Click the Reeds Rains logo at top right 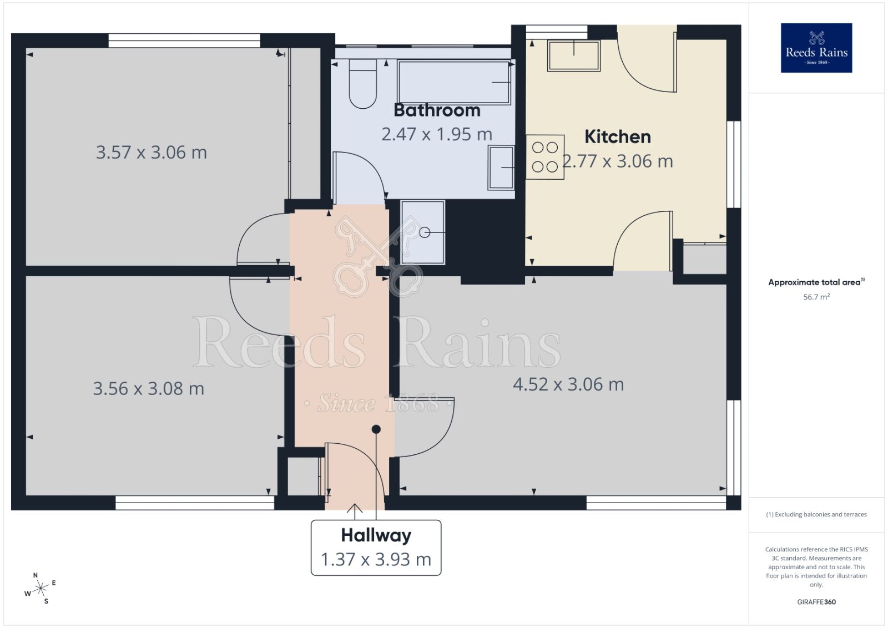(816, 48)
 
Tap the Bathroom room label (437, 110)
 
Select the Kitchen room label (617, 136)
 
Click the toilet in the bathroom (362, 86)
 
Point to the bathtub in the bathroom (454, 83)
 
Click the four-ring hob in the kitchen (544, 157)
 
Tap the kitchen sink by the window (573, 55)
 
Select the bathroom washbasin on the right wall (501, 168)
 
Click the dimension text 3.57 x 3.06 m (151, 153)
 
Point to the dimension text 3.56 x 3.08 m (148, 389)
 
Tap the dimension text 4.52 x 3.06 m (568, 384)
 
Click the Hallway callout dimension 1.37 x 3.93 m (376, 559)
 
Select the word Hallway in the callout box (376, 535)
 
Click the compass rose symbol (40, 589)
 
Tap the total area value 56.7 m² (816, 297)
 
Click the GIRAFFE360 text (816, 602)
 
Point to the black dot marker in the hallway (376, 429)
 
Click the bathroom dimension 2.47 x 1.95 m (437, 134)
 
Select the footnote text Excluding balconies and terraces (816, 515)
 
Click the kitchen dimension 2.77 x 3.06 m (618, 161)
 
